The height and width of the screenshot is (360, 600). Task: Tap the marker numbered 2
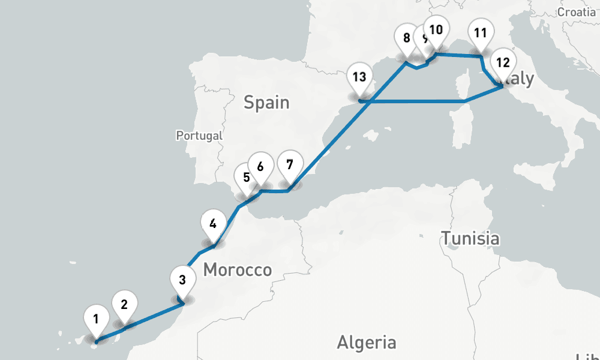pyautogui.click(x=124, y=305)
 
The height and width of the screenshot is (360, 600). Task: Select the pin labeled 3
pyautogui.click(x=182, y=280)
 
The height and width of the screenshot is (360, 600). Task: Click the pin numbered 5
pyautogui.click(x=245, y=178)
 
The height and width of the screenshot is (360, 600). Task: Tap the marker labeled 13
pyautogui.click(x=359, y=78)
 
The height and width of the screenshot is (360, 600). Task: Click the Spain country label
pyautogui.click(x=266, y=103)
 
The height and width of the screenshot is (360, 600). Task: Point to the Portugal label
pyautogui.click(x=199, y=136)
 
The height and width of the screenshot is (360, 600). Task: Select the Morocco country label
pyautogui.click(x=238, y=270)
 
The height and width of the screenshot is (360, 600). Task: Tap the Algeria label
pyautogui.click(x=367, y=343)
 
